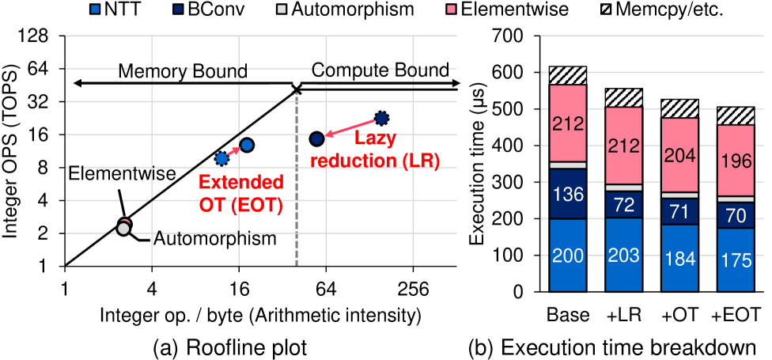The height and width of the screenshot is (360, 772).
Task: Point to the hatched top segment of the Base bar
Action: click(567, 75)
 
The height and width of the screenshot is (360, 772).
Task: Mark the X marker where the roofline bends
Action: click(297, 89)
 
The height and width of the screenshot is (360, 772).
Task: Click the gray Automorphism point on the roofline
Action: click(123, 229)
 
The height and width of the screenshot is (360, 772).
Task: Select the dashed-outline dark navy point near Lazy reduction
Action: click(381, 118)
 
